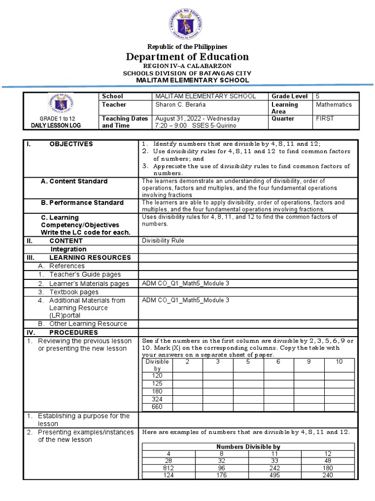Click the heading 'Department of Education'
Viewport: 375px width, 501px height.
[x=187, y=57]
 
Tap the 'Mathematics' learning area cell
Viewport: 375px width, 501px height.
[x=333, y=105]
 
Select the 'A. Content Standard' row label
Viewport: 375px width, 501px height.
[x=74, y=182]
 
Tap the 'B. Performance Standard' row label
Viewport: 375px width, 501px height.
[x=82, y=203]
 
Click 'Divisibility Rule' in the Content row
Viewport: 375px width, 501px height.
[x=163, y=241]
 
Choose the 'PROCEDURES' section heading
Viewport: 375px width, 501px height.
[x=73, y=332]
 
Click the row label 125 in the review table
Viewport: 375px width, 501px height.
[x=157, y=383]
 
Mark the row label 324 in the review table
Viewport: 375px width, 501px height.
[x=157, y=399]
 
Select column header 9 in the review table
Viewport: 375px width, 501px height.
[x=309, y=362]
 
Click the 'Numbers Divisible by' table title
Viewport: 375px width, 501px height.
[x=249, y=447]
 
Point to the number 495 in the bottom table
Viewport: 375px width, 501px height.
[x=275, y=475]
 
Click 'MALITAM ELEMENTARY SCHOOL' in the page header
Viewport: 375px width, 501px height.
[x=193, y=80]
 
